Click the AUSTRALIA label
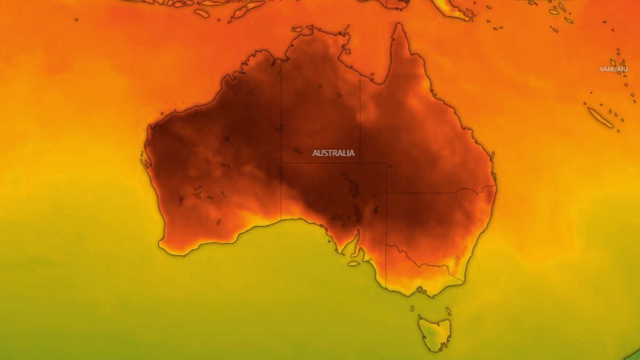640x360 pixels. tap(333, 153)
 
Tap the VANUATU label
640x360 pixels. tap(613, 69)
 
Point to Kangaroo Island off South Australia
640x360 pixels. tap(354, 263)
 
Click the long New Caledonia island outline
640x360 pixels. tap(601, 117)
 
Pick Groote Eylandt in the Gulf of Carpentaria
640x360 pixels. tap(347, 52)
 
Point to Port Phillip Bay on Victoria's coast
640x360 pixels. tap(420, 290)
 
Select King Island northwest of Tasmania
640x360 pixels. tap(412, 308)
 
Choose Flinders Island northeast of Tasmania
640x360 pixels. tap(448, 310)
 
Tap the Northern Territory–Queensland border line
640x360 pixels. tap(360, 117)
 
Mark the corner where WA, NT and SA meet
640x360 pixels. tap(281, 163)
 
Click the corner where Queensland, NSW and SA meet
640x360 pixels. tap(386, 193)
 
